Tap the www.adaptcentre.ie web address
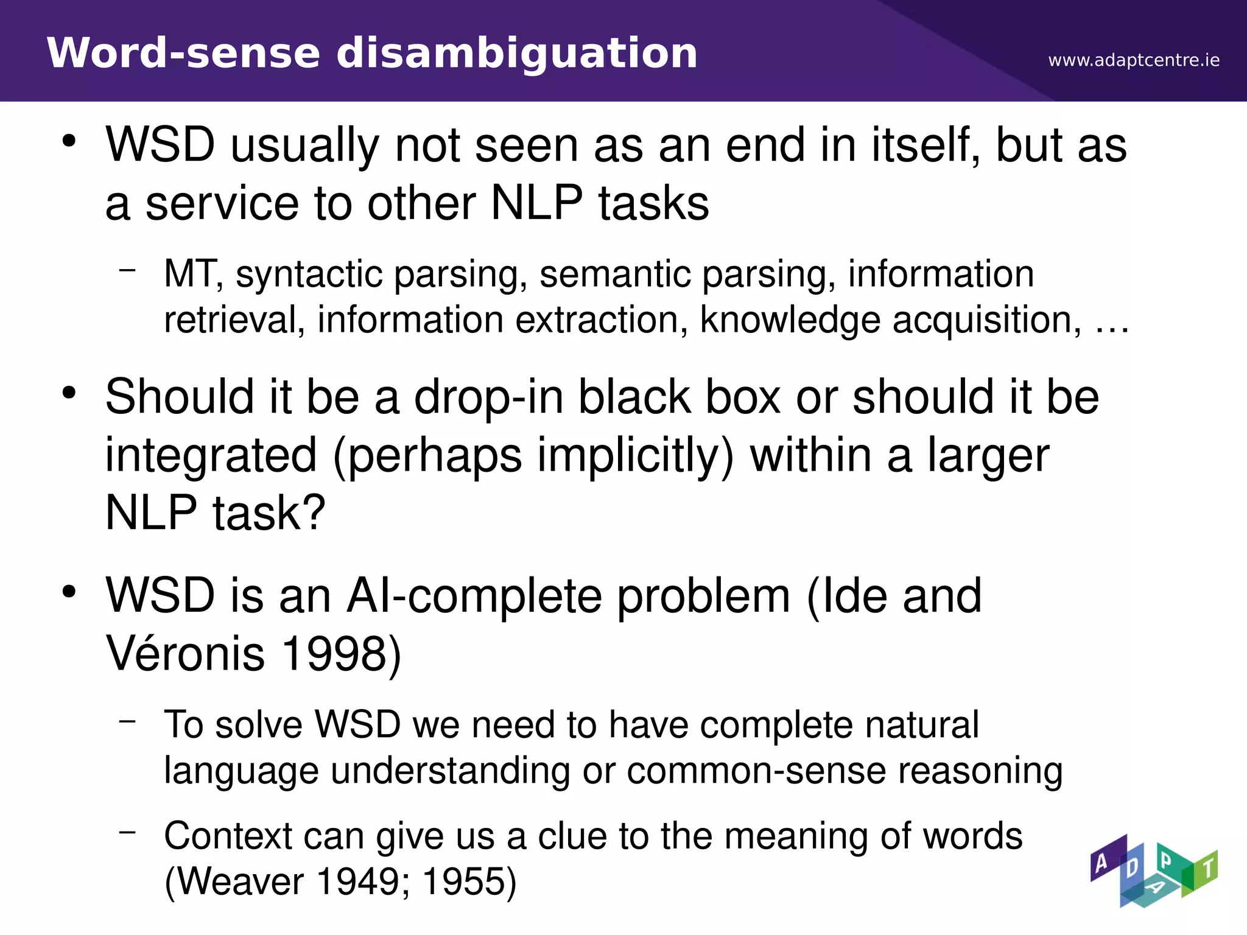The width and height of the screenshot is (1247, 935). tap(1134, 60)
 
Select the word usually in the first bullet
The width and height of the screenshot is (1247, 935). tap(304, 146)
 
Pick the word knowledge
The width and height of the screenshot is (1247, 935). tap(789, 320)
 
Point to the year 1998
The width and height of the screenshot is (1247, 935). tap(334, 653)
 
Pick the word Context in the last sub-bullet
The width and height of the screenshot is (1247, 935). tap(228, 836)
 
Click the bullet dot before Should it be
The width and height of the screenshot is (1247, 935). tap(69, 393)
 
